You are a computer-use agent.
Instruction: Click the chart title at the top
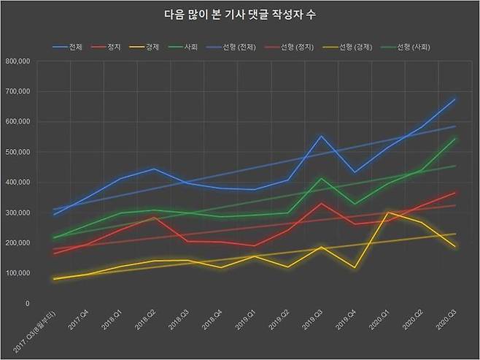(x=240, y=15)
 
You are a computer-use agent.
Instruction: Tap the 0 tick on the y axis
(x=27, y=303)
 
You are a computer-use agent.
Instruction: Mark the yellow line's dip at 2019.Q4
(x=355, y=267)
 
